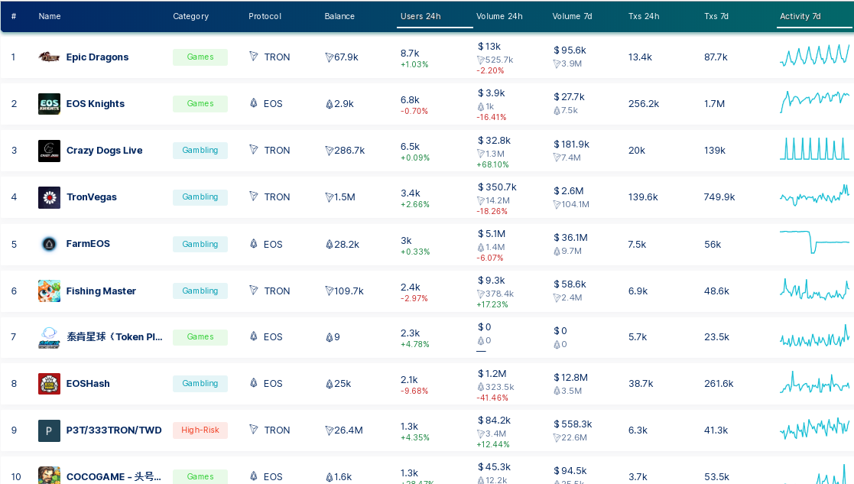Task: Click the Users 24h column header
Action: coord(421,16)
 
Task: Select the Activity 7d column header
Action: coord(800,16)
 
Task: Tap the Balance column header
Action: coord(339,16)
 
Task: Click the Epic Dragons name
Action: coord(97,57)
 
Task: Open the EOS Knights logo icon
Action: coord(49,104)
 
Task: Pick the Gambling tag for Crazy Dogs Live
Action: coord(200,151)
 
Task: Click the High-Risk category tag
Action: coord(200,430)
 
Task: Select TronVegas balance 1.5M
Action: coord(340,197)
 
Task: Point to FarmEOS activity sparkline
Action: coord(814,242)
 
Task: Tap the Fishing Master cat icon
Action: coord(49,291)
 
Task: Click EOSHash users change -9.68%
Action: coord(414,391)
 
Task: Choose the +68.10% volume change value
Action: coord(492,165)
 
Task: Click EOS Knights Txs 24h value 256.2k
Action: coord(643,104)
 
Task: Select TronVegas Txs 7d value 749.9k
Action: coord(719,197)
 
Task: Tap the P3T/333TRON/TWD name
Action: coord(114,430)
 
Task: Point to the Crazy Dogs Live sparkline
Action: coord(814,148)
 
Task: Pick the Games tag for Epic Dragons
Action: coord(200,57)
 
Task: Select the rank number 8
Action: coord(14,384)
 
